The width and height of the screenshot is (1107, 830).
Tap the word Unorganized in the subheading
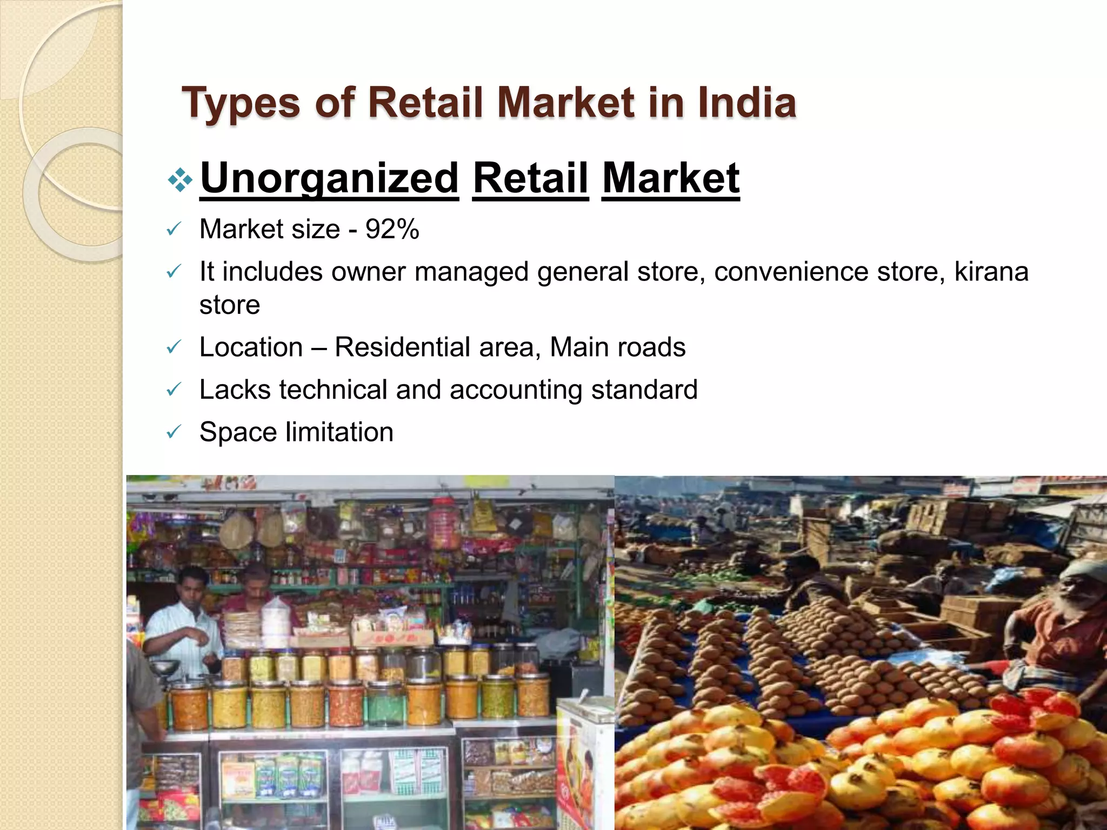point(329,178)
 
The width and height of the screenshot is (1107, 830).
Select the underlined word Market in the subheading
point(670,178)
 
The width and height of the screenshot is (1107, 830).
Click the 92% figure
point(392,229)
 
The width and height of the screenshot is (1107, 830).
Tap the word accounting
point(516,390)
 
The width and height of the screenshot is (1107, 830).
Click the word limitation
point(339,432)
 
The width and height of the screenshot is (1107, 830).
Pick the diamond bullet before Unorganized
point(179,180)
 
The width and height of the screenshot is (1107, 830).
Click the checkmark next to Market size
point(173,230)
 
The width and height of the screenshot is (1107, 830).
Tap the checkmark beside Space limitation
point(173,432)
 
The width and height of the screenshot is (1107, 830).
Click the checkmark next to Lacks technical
point(173,390)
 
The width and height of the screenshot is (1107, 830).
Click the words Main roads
point(617,347)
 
